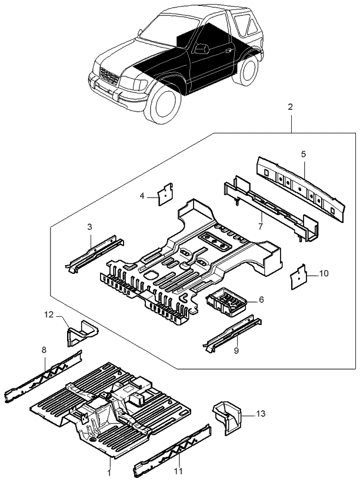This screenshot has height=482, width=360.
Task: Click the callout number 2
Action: click(290, 108)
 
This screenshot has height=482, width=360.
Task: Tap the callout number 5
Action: click(304, 155)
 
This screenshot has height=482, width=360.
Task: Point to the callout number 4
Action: click(142, 197)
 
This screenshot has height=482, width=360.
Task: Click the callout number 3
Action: click(90, 227)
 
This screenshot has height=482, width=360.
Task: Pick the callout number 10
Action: click(325, 274)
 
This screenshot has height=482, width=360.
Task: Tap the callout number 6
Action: click(262, 299)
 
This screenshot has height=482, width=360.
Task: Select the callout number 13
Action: click(261, 414)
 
